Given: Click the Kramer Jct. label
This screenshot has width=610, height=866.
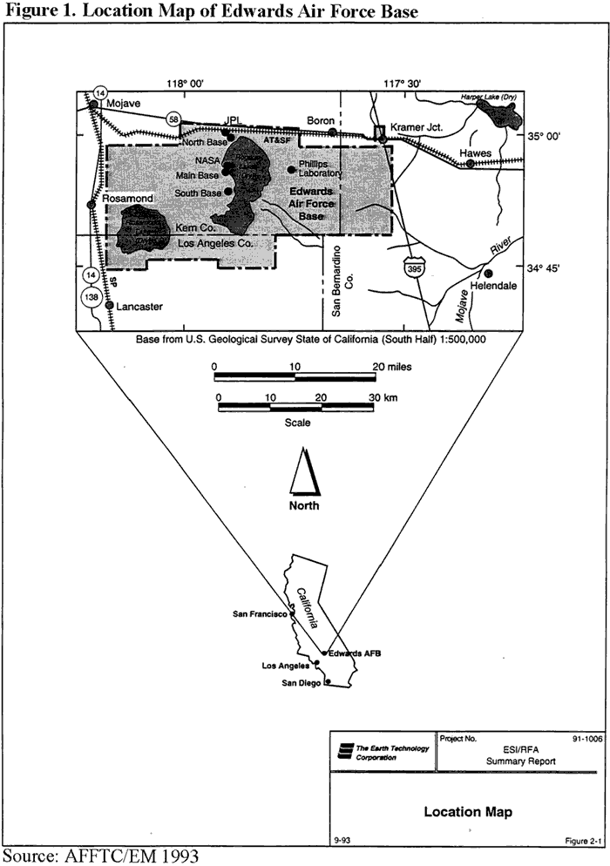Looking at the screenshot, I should coord(417,126).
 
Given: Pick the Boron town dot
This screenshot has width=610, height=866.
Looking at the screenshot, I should coord(332,132).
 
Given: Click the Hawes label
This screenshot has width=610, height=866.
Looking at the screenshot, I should coord(477,153).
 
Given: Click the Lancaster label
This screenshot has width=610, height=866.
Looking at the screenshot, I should coord(139,308).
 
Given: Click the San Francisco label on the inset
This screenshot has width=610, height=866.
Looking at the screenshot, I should coord(261,614).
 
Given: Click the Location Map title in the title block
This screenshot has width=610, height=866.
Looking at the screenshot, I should coord(468,812).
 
